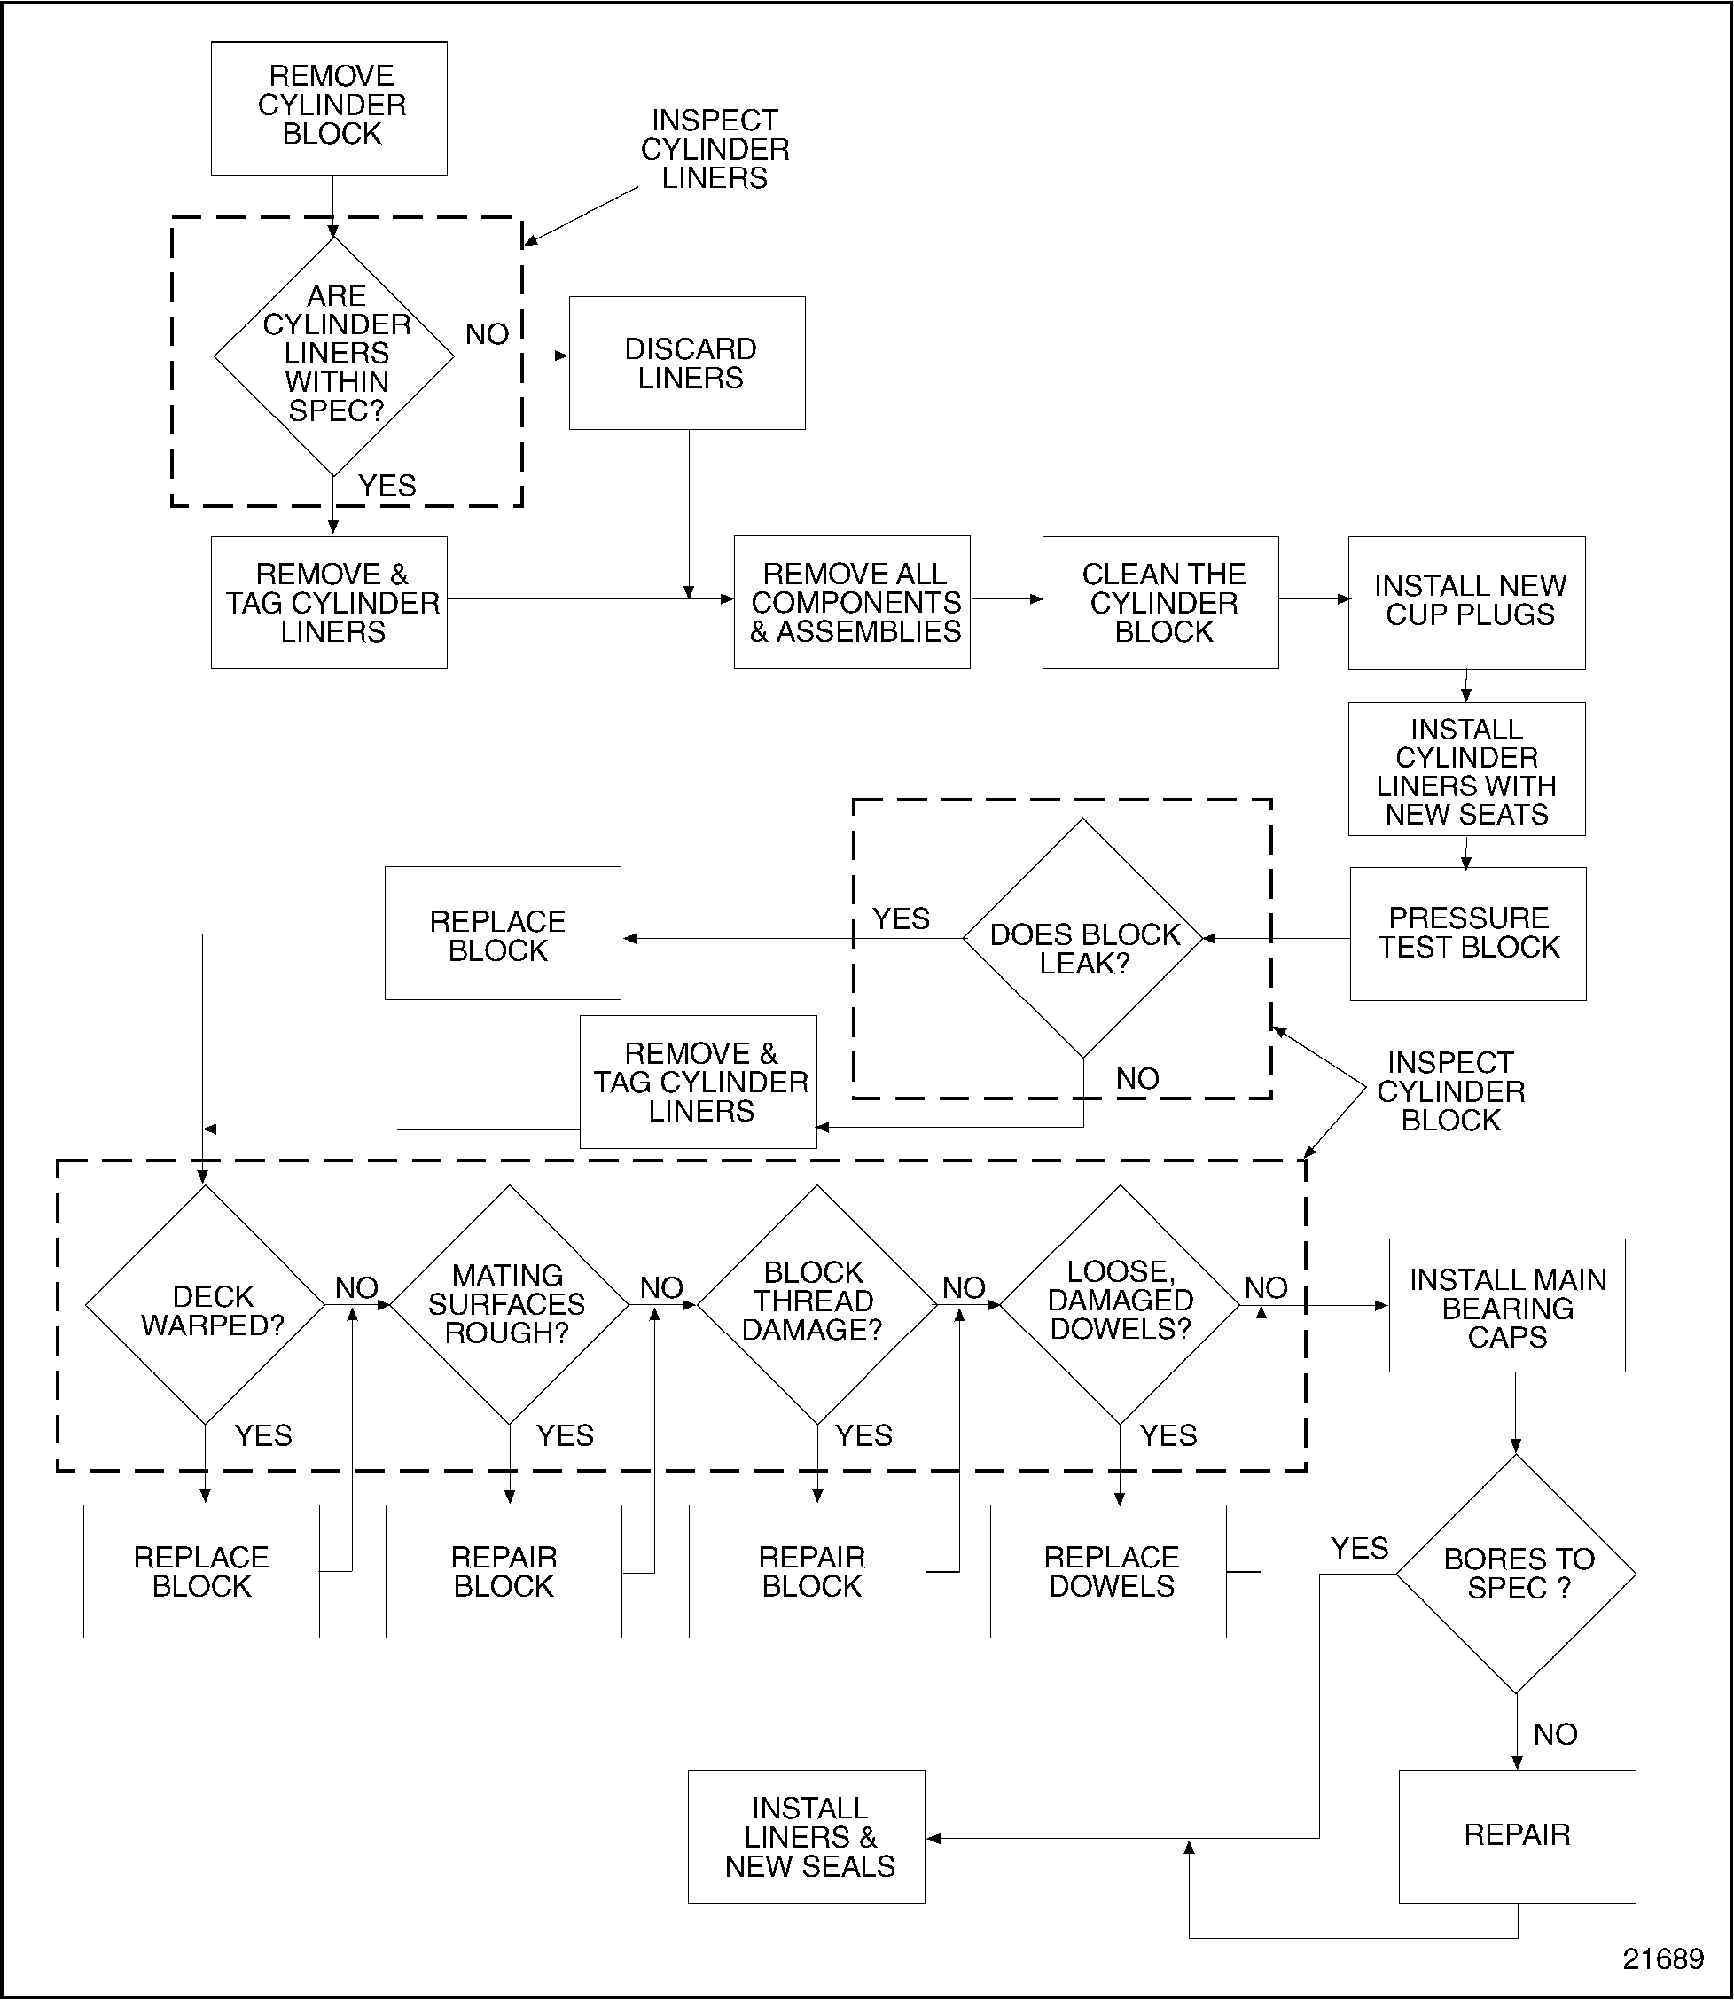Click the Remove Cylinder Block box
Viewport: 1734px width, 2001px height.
click(x=329, y=107)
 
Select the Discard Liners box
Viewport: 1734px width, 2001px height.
click(x=687, y=363)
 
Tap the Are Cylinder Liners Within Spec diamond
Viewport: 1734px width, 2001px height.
click(x=334, y=356)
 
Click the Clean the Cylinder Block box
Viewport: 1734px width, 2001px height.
click(x=1160, y=603)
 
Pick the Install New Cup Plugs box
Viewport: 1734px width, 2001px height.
click(x=1467, y=603)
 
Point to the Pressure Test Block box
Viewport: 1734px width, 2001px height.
click(x=1468, y=934)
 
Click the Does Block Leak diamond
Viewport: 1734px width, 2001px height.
click(x=1082, y=939)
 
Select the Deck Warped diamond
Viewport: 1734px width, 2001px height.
click(x=205, y=1305)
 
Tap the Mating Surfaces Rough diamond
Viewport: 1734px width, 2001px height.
click(x=509, y=1305)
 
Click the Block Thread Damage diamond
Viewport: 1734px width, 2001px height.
click(x=816, y=1305)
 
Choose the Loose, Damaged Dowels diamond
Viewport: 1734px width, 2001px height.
click(x=1120, y=1305)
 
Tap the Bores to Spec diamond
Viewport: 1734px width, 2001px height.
click(x=1516, y=1575)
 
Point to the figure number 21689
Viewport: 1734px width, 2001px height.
click(x=1662, y=1959)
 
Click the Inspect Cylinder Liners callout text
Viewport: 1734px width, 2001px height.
click(x=715, y=149)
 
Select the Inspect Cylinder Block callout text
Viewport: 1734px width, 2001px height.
click(x=1450, y=1091)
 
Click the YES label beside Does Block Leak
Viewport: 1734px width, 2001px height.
click(x=901, y=918)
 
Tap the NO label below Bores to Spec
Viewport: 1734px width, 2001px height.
click(x=1555, y=1734)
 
